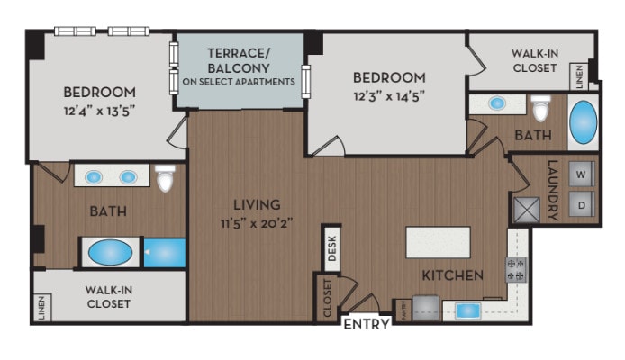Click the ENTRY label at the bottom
click(367, 325)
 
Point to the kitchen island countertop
click(438, 243)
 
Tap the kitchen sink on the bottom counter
click(468, 310)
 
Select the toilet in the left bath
click(165, 179)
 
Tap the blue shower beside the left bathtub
click(165, 252)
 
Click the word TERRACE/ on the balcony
click(239, 52)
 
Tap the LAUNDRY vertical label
click(553, 191)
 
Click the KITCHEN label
click(455, 274)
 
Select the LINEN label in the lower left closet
click(41, 309)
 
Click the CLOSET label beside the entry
click(327, 298)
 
